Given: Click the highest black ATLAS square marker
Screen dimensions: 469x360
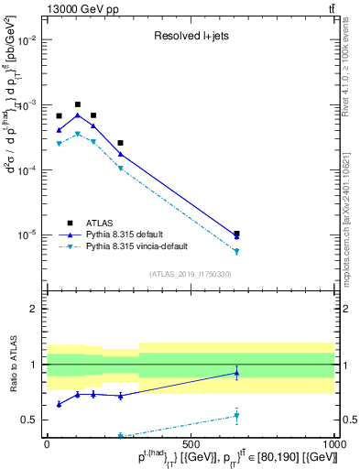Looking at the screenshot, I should (78, 104).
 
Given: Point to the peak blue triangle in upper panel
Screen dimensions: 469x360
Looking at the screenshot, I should (78, 115).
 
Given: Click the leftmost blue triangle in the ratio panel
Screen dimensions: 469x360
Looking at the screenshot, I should (60, 404).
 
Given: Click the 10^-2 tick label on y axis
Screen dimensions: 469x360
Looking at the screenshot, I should (27, 40).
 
